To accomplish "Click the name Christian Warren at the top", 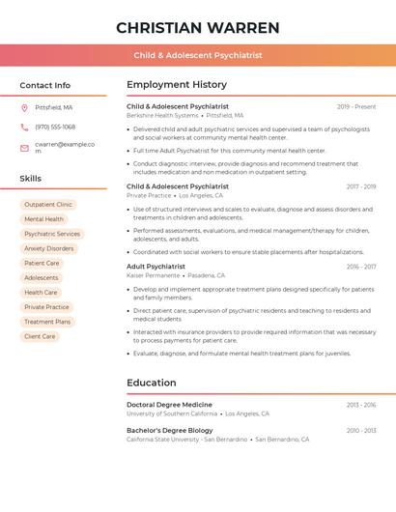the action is [197, 28].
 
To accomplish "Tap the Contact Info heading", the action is [44, 85].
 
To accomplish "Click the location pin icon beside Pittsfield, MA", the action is [24, 107].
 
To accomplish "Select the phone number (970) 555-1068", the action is [55, 127].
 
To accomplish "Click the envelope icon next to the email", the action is [24, 147].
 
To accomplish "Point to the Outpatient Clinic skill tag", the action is [48, 205].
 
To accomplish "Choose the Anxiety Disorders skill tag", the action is [49, 248].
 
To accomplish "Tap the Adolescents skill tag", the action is [42, 277].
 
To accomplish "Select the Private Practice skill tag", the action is [46, 307].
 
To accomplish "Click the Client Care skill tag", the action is [40, 336].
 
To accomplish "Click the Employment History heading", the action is [177, 85].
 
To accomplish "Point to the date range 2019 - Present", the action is [356, 106].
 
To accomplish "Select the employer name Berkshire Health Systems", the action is [162, 115].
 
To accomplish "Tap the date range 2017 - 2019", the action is [360, 186].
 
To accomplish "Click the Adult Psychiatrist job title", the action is [156, 266].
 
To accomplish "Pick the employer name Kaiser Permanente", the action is [153, 275].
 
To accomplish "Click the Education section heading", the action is [151, 383].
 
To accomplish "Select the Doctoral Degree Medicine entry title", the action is [169, 405].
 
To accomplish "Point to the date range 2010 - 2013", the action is [360, 430].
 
